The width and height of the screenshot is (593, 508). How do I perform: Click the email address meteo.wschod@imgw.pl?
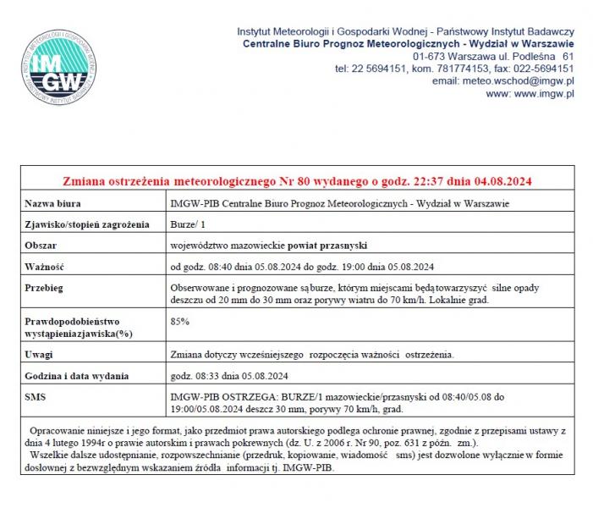(x=516, y=81)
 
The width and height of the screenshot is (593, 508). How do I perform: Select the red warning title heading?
(x=298, y=181)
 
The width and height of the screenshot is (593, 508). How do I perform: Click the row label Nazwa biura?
(x=55, y=204)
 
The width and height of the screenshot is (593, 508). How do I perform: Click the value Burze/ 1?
(x=189, y=224)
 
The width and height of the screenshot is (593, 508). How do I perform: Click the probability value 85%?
(x=179, y=322)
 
